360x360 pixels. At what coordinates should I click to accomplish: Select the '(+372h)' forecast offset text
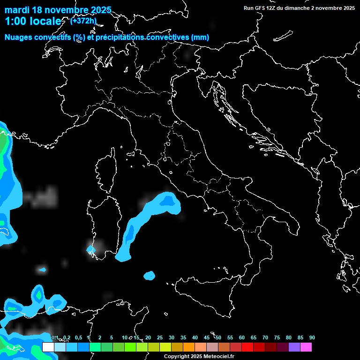pyautogui.click(x=83, y=21)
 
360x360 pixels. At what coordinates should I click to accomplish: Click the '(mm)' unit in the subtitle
pyautogui.click(x=200, y=37)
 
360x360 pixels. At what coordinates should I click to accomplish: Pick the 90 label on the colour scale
pyautogui.click(x=312, y=338)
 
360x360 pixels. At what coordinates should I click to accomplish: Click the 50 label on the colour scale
pyautogui.click(x=218, y=338)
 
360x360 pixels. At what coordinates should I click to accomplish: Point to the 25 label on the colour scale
pyautogui.click(x=160, y=338)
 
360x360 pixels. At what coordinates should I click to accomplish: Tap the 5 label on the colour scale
pyautogui.click(x=112, y=338)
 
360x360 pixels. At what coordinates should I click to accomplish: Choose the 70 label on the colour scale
pyautogui.click(x=265, y=338)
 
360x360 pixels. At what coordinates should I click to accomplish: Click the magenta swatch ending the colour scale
pyautogui.click(x=306, y=347)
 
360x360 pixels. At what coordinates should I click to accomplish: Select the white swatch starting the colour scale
pyautogui.click(x=48, y=347)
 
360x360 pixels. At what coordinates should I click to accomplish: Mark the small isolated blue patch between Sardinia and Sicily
pyautogui.click(x=150, y=276)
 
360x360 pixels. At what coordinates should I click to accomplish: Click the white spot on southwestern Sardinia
pyautogui.click(x=91, y=249)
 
